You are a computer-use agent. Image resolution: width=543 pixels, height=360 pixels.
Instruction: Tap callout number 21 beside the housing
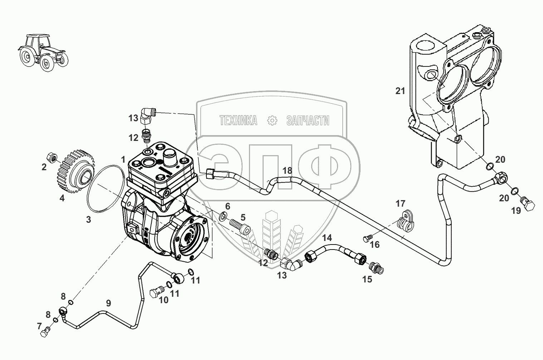click(400, 91)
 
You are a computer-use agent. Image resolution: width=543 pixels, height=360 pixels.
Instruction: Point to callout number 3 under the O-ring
click(88, 220)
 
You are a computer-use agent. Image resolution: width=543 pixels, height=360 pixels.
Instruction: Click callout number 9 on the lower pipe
click(108, 303)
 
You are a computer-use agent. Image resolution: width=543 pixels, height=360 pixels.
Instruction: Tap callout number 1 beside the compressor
click(123, 159)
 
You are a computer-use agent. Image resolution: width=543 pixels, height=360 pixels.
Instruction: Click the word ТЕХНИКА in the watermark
click(238, 121)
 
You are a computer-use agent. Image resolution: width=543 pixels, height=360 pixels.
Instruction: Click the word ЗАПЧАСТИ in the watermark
click(308, 121)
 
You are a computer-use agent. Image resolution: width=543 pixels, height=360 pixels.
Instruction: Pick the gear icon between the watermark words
click(273, 121)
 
